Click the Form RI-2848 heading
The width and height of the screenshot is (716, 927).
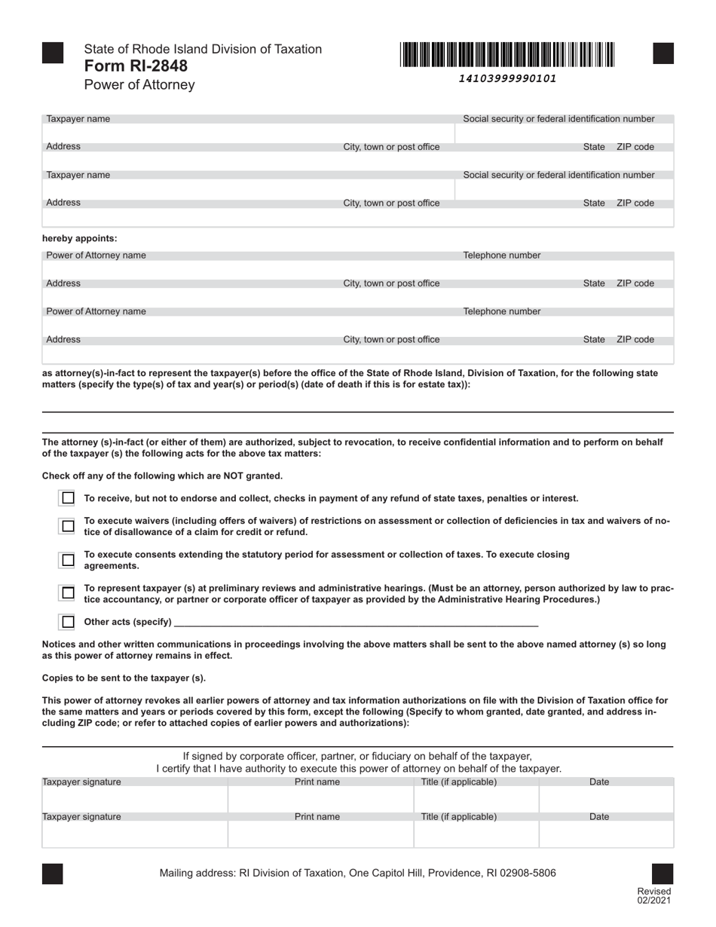136,66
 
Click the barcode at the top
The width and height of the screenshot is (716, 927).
508,55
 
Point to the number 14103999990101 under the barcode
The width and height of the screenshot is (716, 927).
508,78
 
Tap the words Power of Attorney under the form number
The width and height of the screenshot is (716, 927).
139,84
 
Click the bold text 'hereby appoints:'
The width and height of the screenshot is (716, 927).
80,238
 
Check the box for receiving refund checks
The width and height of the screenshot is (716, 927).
68,498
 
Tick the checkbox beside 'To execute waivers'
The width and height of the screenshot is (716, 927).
68,526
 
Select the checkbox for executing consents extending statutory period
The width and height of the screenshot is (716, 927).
68,560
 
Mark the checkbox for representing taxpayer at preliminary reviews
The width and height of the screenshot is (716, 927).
68,593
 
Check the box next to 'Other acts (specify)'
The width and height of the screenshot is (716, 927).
68,622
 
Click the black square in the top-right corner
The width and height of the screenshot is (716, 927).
662,54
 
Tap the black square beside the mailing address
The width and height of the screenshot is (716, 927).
53,873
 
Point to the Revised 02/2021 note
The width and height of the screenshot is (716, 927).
653,896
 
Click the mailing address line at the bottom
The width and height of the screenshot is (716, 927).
358,873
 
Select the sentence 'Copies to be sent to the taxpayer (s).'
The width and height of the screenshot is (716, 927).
124,678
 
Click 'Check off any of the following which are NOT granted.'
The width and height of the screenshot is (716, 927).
162,476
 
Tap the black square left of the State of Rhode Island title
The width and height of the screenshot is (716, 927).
53,54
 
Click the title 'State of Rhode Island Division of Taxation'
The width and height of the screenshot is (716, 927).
203,49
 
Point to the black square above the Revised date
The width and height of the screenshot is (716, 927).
662,873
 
